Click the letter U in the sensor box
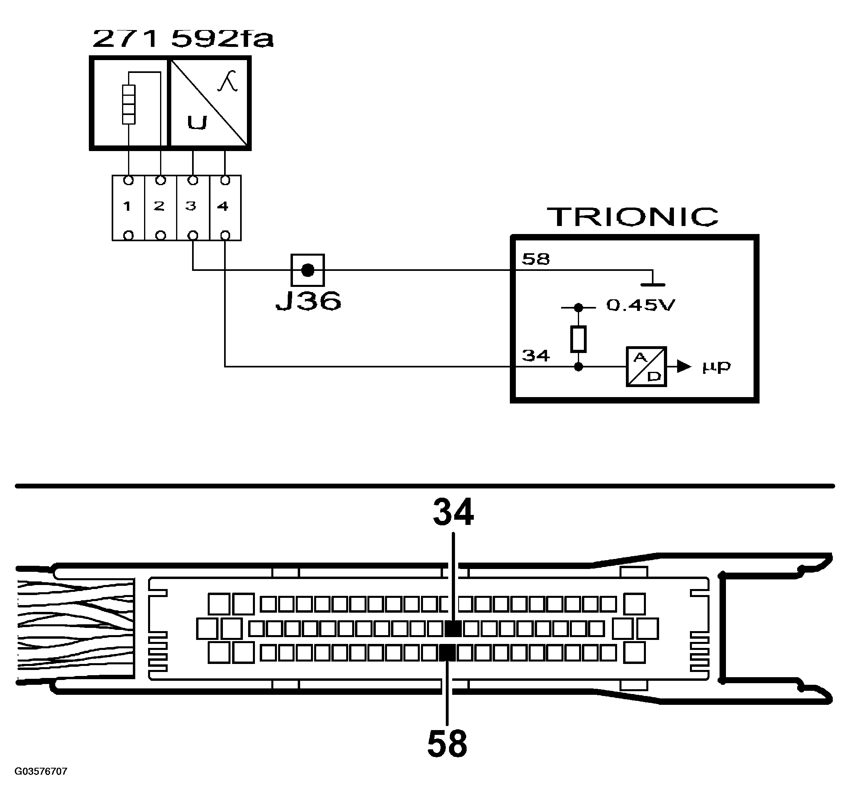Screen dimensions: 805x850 point(197,123)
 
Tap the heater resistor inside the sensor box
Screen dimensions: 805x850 point(128,104)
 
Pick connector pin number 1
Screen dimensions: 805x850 point(127,206)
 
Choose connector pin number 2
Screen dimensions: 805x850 point(159,206)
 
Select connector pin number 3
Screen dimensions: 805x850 point(191,206)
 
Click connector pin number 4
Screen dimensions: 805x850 point(223,206)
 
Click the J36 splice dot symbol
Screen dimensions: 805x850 point(308,270)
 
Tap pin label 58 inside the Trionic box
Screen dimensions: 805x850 point(535,259)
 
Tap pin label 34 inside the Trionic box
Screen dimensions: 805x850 point(535,356)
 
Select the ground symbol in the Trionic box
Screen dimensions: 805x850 point(652,281)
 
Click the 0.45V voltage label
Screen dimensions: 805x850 point(640,305)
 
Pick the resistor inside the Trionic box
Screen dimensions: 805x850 point(578,339)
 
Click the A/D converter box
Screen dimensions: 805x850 point(646,367)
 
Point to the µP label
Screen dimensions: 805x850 point(716,367)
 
